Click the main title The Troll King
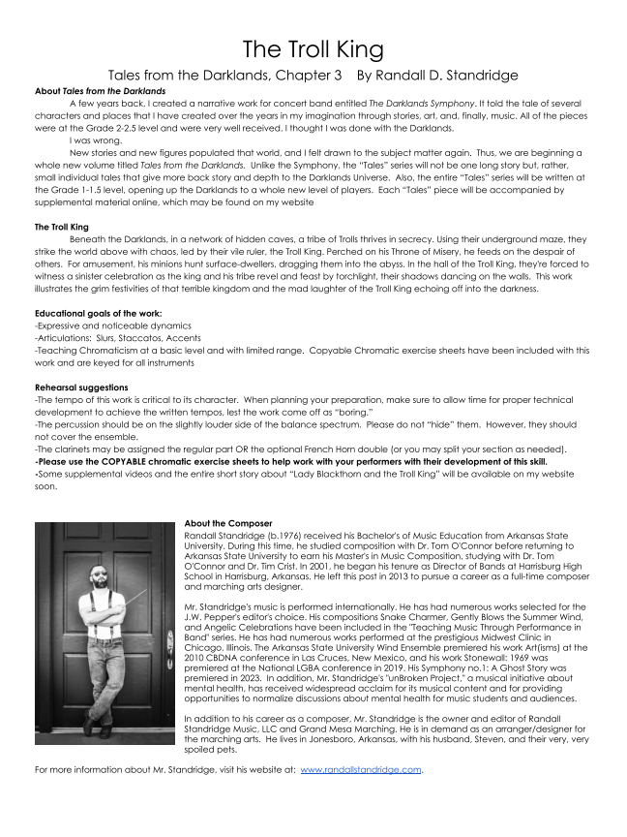[x=313, y=49]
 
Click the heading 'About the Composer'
[x=228, y=524]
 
